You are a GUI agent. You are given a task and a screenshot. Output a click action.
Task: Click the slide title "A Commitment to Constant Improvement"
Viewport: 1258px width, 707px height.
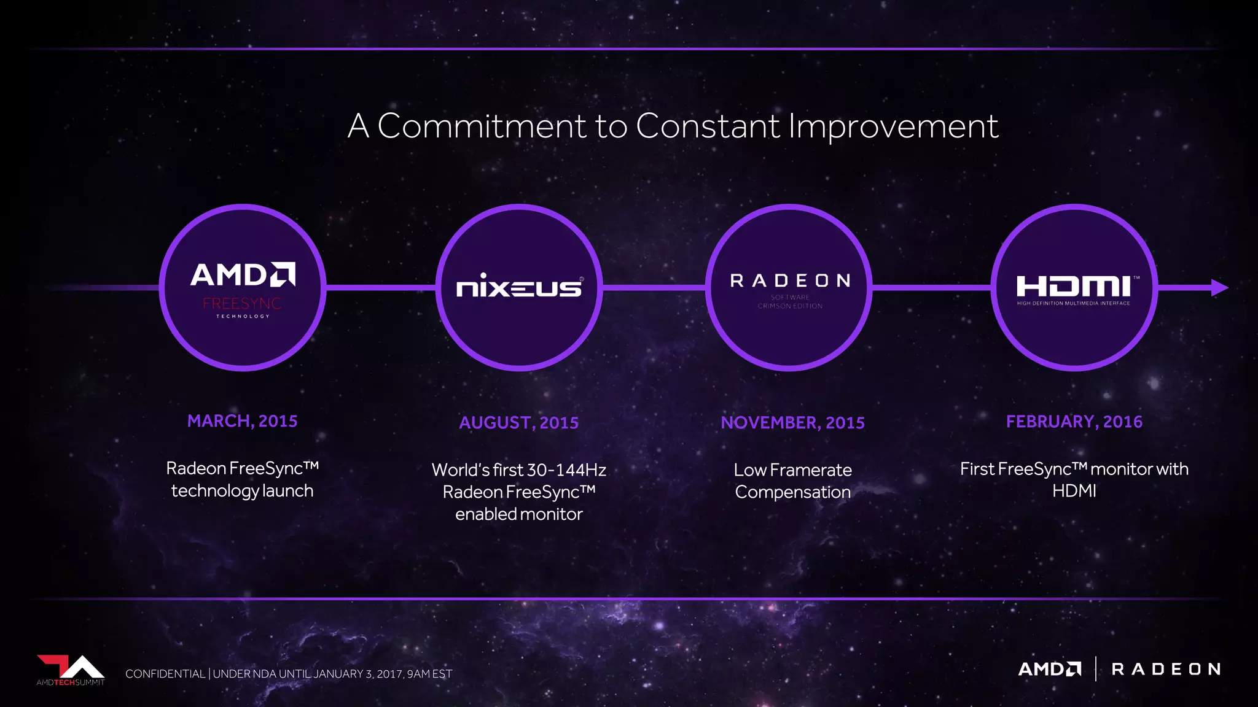673,126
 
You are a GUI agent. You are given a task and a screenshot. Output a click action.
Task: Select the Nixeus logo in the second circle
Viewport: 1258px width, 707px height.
519,287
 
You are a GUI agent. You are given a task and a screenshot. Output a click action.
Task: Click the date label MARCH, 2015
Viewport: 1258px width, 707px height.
242,421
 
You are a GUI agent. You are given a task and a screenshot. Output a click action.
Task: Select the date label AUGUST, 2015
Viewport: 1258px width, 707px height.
519,423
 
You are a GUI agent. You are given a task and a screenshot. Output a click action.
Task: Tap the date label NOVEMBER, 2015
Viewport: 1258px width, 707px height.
792,423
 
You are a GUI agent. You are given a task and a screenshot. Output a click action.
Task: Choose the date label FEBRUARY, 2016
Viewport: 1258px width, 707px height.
1074,422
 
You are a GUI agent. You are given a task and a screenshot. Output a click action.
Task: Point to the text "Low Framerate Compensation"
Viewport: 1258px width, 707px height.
792,481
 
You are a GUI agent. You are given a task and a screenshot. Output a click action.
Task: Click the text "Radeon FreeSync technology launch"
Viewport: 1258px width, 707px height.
242,479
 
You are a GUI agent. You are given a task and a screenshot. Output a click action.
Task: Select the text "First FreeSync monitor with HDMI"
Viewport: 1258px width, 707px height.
1074,479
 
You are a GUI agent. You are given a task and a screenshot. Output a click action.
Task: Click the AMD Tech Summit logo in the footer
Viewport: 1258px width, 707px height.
71,670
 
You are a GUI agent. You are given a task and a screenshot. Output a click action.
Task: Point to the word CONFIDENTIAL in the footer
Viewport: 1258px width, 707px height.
165,674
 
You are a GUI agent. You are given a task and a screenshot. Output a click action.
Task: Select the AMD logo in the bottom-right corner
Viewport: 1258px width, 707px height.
1049,669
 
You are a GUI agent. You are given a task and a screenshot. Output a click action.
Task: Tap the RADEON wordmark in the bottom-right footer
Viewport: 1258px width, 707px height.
1166,669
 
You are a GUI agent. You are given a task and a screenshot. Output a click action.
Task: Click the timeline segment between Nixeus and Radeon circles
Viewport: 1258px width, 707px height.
654,287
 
